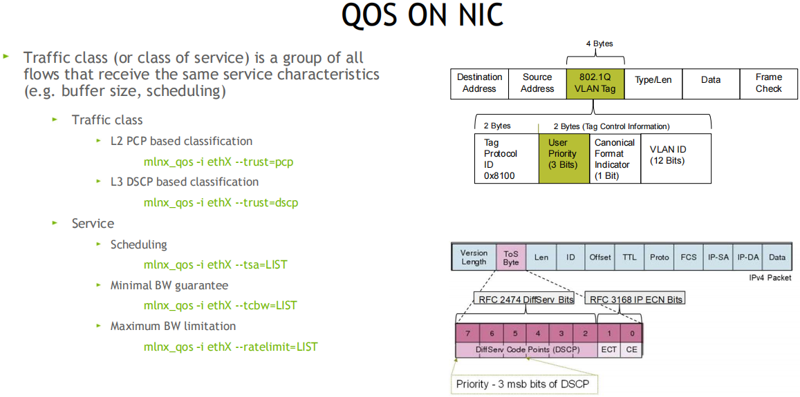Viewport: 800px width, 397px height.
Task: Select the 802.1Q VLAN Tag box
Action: [595, 83]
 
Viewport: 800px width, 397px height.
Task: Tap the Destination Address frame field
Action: [479, 83]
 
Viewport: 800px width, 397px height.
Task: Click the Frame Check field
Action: [768, 83]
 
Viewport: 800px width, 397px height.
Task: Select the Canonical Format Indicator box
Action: [614, 158]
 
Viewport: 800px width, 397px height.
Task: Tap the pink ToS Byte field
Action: [511, 257]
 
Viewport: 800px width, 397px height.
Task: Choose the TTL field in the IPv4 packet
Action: [629, 257]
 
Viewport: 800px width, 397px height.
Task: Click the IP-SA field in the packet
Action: [718, 257]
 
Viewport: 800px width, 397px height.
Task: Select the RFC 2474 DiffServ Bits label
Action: [526, 299]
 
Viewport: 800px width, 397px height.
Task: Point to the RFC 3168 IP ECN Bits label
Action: [635, 299]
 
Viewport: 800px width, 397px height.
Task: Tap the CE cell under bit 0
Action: [631, 350]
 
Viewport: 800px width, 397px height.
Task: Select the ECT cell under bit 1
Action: [608, 350]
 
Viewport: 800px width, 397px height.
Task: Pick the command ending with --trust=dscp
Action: [221, 202]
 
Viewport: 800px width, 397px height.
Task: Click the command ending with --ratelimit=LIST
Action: [230, 347]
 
